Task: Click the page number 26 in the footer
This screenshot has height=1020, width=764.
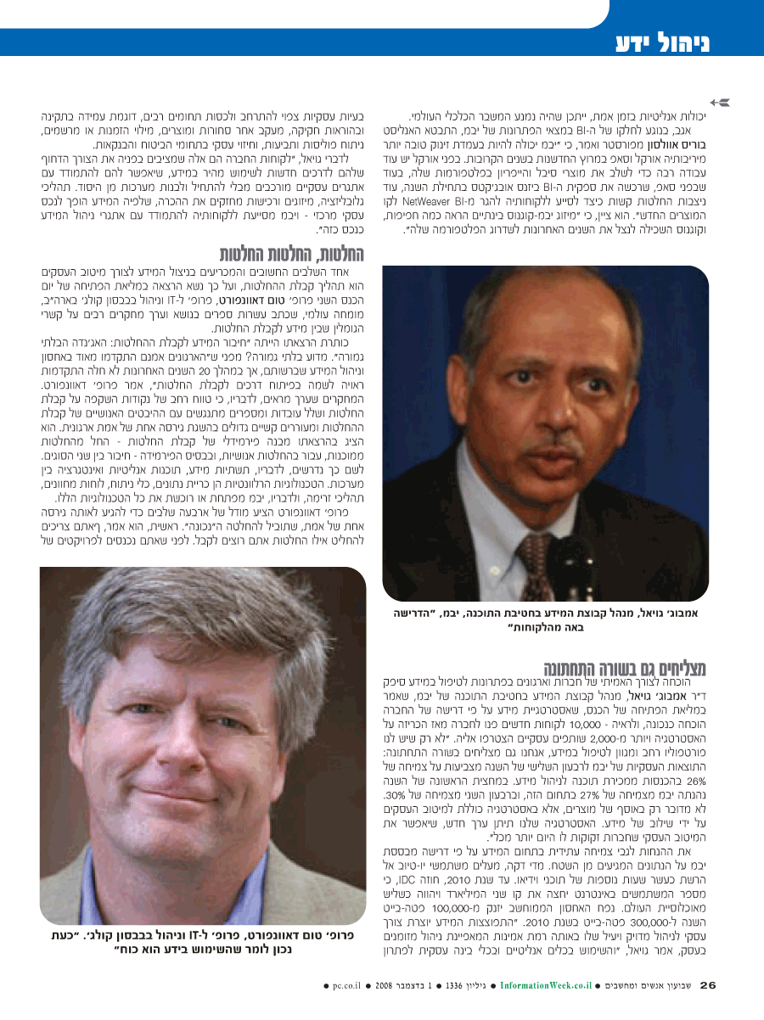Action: tap(709, 986)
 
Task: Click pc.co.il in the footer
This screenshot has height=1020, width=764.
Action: tap(347, 986)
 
